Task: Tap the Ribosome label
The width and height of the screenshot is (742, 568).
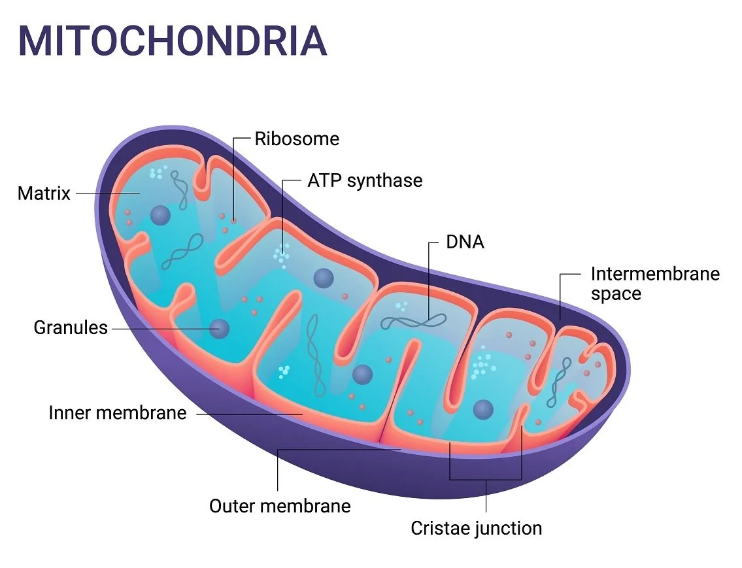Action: (297, 139)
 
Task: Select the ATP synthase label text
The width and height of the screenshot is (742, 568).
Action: (365, 180)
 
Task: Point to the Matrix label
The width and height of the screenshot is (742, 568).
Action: (44, 193)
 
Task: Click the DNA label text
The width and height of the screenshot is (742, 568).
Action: (465, 242)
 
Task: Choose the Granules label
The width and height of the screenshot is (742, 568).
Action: (71, 327)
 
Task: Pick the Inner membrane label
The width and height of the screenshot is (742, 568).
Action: (118, 413)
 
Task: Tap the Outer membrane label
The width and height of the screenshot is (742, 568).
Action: (280, 506)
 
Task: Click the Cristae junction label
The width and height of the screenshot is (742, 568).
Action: (476, 527)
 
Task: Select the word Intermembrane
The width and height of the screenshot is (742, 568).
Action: (655, 273)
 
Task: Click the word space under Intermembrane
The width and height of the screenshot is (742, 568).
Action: (616, 293)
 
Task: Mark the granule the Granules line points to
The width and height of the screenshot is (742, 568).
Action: (219, 328)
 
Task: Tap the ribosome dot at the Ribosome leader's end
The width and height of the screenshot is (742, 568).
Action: (233, 221)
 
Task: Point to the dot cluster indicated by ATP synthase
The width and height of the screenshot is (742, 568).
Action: (282, 255)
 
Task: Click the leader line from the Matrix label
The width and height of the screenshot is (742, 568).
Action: (105, 193)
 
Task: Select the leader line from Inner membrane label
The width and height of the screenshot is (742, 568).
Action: (248, 414)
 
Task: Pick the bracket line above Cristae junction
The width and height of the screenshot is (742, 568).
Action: (486, 480)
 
